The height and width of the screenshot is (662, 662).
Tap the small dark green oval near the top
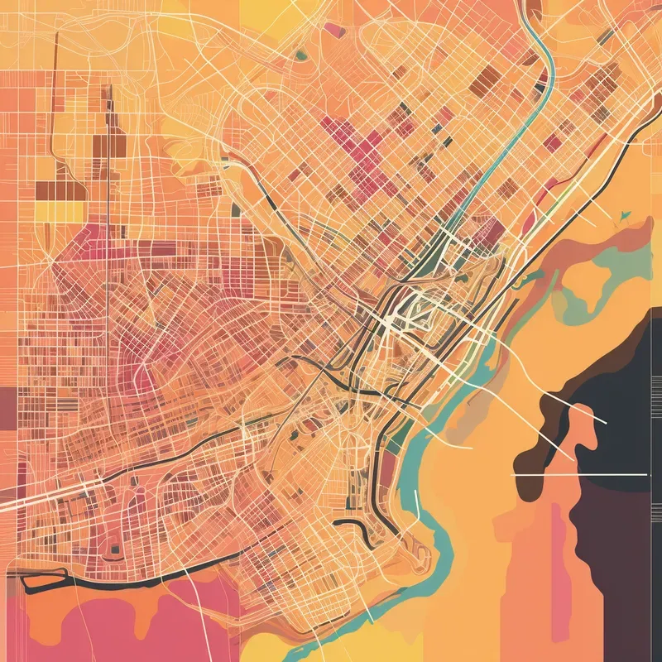tap(301, 55)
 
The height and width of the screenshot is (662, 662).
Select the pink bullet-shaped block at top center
tap(333, 29)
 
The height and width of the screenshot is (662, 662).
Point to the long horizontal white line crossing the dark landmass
tap(579, 476)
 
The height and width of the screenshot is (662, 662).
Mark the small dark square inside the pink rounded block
tap(113, 548)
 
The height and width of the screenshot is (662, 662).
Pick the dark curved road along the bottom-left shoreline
tap(124, 579)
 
